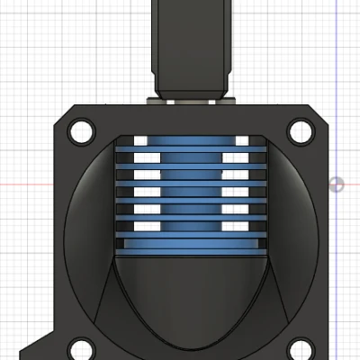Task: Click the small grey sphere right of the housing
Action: [x=337, y=184]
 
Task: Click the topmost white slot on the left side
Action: [x=145, y=140]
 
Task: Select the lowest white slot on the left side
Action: [x=145, y=226]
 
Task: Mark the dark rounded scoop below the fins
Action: [x=191, y=297]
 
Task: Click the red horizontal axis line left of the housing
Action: [x=27, y=184]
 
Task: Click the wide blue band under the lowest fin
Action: [x=191, y=245]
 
